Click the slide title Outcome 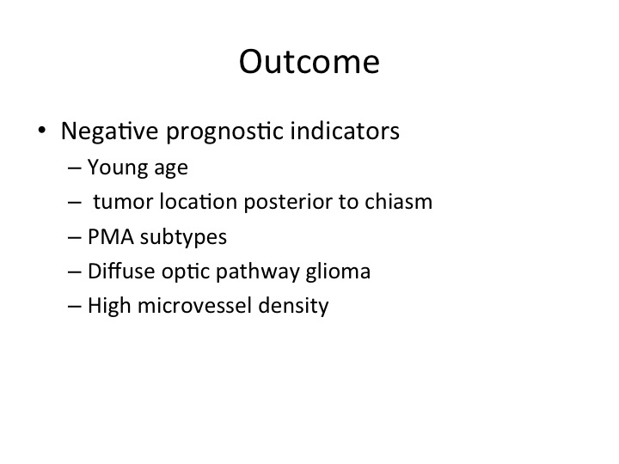(x=309, y=62)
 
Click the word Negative (x=110, y=131)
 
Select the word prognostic (x=224, y=131)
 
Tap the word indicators (x=345, y=131)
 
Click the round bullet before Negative (x=42, y=130)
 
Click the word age (x=171, y=169)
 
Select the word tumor (x=123, y=202)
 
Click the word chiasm (x=398, y=201)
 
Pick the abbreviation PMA (x=111, y=237)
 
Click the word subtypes (x=183, y=238)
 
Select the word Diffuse (x=121, y=272)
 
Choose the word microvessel (x=194, y=306)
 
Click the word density (x=293, y=307)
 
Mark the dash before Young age (x=75, y=168)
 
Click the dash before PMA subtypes (x=75, y=238)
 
